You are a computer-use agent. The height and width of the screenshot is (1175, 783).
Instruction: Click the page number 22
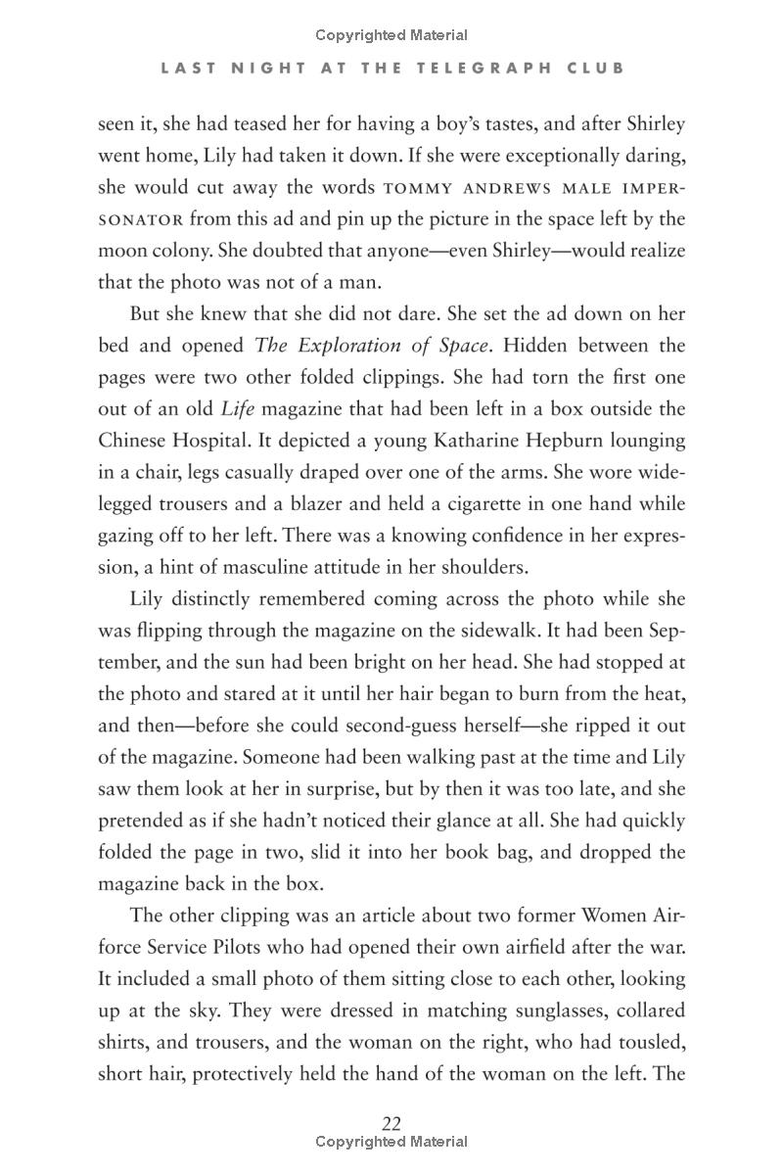coord(391,1123)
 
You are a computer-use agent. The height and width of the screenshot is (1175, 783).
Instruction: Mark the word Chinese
coord(134,441)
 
